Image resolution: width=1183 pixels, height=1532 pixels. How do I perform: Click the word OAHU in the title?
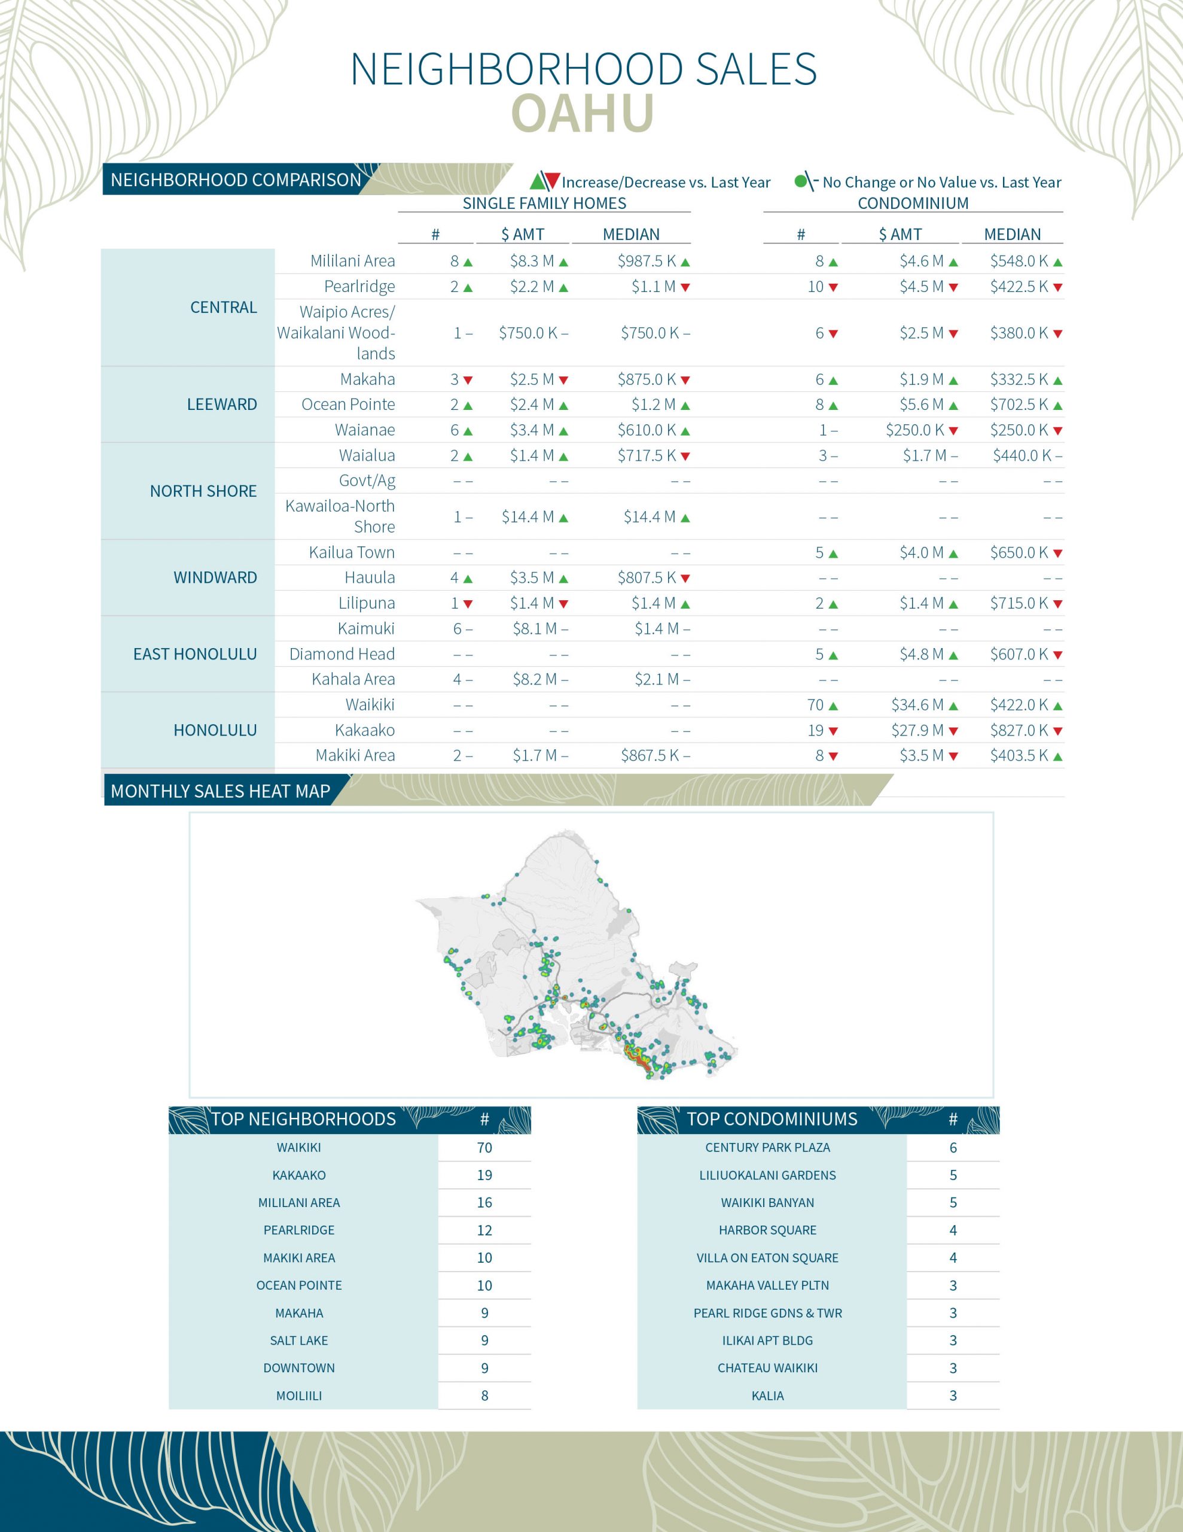click(583, 113)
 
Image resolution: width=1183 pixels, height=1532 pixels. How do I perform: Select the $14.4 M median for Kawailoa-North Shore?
click(650, 517)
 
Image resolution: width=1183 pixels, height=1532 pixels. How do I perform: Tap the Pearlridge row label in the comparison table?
click(359, 286)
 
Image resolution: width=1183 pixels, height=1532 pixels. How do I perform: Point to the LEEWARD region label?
click(222, 404)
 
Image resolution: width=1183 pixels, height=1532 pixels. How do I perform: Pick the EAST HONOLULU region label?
click(195, 653)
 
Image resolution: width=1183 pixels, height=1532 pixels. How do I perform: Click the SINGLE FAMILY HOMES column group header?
click(544, 203)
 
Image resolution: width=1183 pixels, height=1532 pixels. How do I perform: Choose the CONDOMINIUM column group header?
click(913, 203)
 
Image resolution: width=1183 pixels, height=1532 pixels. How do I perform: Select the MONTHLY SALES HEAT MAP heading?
click(220, 791)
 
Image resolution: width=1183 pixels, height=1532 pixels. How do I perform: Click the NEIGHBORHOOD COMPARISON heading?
click(236, 180)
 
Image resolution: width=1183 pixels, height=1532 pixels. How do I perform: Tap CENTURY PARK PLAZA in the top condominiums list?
click(767, 1148)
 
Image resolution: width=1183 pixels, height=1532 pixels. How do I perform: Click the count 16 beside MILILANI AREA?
click(484, 1203)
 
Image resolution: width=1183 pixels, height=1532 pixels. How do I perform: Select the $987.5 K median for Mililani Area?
click(647, 261)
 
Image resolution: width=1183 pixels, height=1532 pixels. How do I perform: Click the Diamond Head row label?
click(342, 653)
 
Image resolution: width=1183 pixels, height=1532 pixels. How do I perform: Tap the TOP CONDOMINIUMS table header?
click(772, 1119)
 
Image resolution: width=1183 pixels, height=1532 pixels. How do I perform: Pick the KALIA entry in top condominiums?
click(767, 1396)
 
